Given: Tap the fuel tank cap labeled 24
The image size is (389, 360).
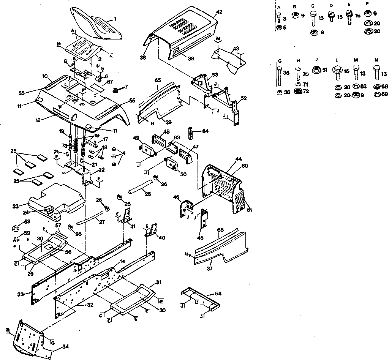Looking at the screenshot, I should click(x=49, y=208).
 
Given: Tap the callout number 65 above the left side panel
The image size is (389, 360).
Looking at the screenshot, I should click(x=158, y=81).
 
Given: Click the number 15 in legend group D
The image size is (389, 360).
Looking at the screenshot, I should click(x=339, y=17).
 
